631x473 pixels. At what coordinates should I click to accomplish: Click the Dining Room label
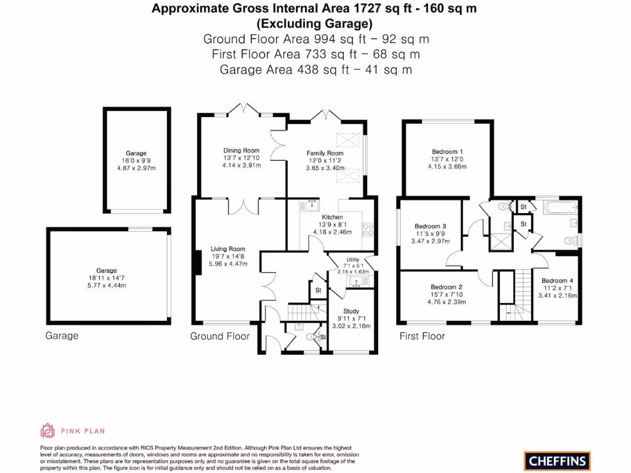tap(242, 150)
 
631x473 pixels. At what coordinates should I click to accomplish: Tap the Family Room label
tap(325, 153)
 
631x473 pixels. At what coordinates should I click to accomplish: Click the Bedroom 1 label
tap(448, 152)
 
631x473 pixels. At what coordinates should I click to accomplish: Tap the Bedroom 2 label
tap(447, 288)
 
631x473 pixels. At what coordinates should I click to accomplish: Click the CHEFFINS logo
tap(557, 460)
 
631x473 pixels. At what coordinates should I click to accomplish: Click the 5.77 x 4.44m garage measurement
tap(106, 285)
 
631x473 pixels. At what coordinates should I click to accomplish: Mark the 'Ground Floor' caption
tap(220, 336)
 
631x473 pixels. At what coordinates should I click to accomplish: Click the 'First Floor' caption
tap(422, 336)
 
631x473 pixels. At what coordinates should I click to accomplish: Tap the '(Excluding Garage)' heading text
tap(314, 24)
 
